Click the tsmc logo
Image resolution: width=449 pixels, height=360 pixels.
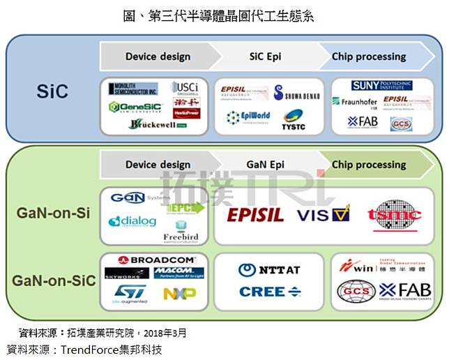coord(395,215)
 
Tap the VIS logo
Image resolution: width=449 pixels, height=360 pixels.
coord(323,214)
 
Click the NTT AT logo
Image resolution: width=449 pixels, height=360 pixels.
coord(269,270)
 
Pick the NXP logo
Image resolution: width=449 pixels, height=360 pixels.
coord(179,294)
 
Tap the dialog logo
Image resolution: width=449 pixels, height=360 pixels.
coord(132,221)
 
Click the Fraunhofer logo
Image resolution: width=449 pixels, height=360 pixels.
coord(355,101)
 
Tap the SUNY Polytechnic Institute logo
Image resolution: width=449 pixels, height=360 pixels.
coord(381,86)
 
